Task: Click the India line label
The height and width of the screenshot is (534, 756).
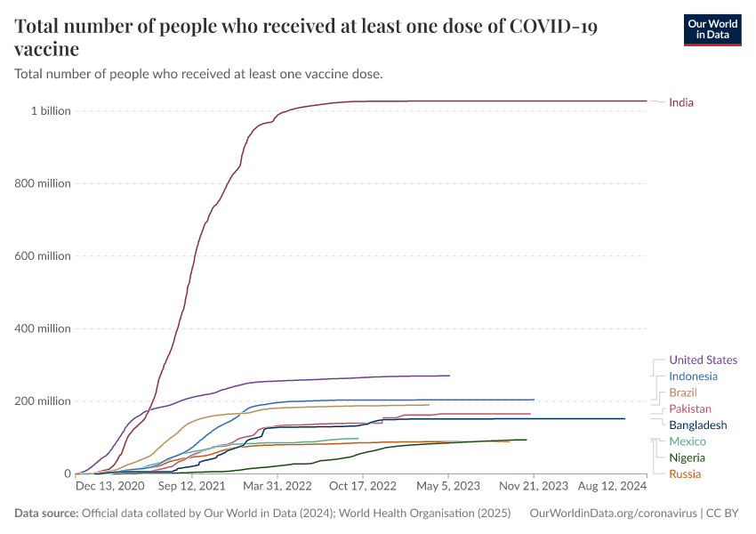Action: (x=680, y=102)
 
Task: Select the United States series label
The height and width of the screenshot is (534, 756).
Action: (x=703, y=360)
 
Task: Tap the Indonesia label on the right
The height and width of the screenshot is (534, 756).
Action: (x=693, y=376)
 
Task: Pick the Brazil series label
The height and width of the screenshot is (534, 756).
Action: (x=683, y=392)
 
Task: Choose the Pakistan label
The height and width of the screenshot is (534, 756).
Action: (x=689, y=409)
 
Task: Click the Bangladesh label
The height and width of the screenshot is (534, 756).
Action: (x=697, y=425)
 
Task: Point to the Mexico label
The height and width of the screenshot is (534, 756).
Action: (x=688, y=441)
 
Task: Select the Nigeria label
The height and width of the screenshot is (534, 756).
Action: (x=687, y=457)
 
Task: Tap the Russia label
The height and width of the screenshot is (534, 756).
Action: (x=684, y=473)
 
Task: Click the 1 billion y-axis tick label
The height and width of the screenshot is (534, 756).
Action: (x=51, y=111)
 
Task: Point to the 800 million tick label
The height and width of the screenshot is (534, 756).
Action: (x=43, y=183)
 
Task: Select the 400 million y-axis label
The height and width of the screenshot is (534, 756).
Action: (x=43, y=328)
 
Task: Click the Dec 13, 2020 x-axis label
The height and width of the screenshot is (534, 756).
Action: (x=109, y=487)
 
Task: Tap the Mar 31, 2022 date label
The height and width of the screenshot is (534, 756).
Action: (x=278, y=487)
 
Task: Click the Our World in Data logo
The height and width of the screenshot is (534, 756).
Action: (x=712, y=28)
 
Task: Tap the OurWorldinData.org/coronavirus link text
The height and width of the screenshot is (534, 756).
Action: (x=613, y=514)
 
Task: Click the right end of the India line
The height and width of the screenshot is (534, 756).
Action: (x=647, y=101)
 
